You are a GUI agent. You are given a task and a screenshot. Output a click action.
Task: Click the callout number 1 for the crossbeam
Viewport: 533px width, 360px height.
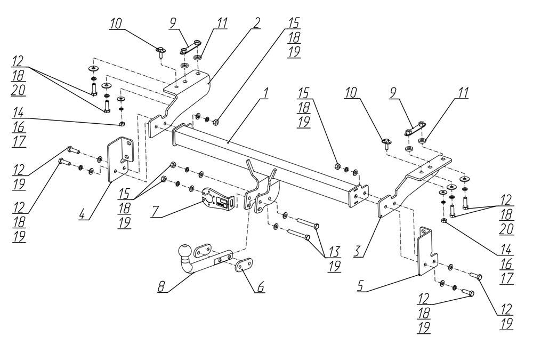pos(266,93)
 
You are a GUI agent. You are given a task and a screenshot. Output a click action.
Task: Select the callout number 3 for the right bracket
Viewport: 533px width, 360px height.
pos(358,251)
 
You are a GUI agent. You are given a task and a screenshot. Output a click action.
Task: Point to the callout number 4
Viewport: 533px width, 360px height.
pos(82,214)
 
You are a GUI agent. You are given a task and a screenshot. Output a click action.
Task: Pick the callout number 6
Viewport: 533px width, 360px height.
pos(261,287)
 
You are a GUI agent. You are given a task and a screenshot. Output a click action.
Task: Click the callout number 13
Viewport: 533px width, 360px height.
pos(335,252)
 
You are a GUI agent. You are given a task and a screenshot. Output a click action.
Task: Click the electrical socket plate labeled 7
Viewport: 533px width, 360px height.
pos(218,200)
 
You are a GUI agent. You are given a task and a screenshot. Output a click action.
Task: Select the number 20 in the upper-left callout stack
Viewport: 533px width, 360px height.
pos(18,91)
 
